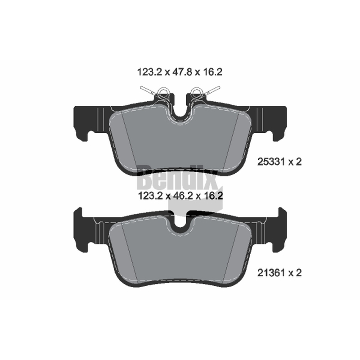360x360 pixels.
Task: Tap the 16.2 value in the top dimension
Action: [212, 72]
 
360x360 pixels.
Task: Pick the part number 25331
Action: [271, 162]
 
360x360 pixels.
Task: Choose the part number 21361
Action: [271, 273]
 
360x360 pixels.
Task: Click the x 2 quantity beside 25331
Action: [295, 162]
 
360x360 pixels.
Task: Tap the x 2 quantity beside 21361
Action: [295, 273]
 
